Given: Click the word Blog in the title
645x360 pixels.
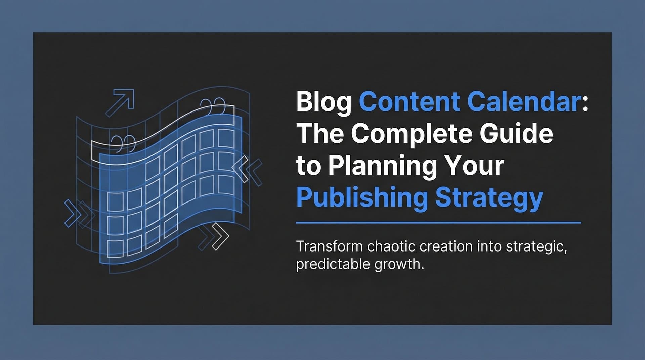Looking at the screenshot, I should (x=324, y=102).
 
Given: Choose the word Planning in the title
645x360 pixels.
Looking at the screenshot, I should (x=383, y=166).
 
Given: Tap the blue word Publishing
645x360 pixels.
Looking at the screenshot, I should (x=362, y=198).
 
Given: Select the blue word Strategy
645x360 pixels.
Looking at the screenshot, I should (x=489, y=198).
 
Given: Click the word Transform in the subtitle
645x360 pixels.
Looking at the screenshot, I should (x=329, y=246).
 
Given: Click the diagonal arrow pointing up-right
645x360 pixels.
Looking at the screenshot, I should (x=121, y=102).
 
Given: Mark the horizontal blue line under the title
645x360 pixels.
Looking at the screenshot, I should (x=438, y=222).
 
